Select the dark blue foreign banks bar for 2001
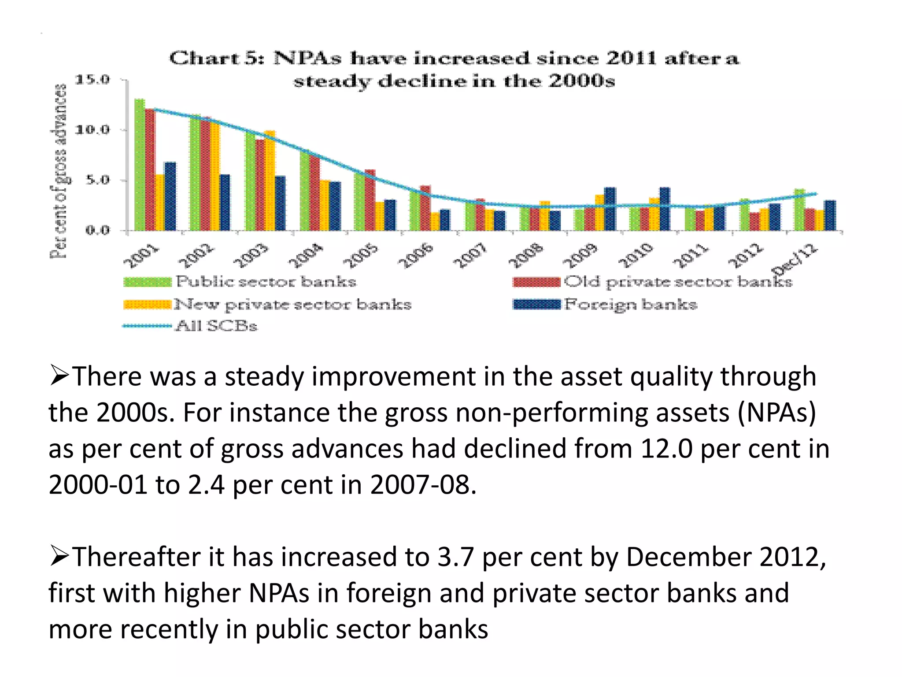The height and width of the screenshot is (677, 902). click(170, 196)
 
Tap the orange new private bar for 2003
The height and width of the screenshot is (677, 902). click(270, 180)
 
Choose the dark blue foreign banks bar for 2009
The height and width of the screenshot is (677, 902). click(610, 209)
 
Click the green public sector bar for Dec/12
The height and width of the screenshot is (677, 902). click(799, 210)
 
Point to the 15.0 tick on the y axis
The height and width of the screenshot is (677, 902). click(92, 80)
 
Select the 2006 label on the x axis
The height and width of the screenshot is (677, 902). click(416, 255)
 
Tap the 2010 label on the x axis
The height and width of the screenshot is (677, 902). click(636, 255)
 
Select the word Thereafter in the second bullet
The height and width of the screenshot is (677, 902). click(137, 557)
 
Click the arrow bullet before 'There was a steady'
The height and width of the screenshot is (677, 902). click(59, 376)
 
